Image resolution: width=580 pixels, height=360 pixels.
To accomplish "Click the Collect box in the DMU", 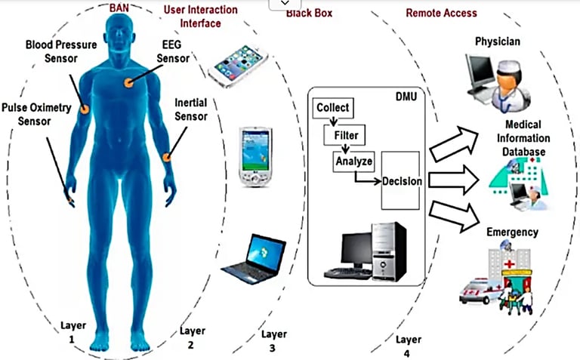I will point(332,107).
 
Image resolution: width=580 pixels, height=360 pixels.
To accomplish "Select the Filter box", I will point(345,137).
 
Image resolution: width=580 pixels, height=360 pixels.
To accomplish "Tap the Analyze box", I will point(354,161).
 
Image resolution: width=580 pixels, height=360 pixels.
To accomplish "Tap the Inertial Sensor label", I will point(190,109).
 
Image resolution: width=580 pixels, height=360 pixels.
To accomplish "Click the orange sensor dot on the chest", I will point(128,82).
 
